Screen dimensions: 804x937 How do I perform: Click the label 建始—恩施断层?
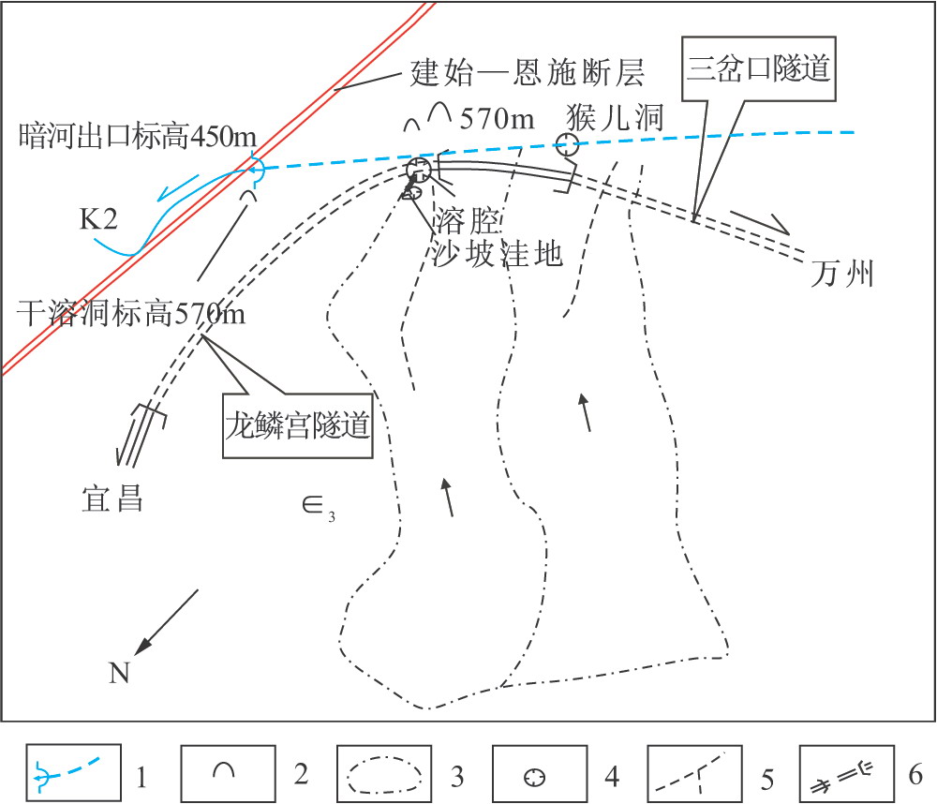click(527, 73)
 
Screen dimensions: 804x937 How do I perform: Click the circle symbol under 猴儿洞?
click(567, 143)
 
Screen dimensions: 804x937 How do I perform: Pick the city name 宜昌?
click(112, 498)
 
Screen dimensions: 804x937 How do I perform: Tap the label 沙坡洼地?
click(498, 253)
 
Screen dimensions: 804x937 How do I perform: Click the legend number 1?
click(140, 776)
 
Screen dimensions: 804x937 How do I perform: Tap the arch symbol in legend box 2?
click(225, 770)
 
